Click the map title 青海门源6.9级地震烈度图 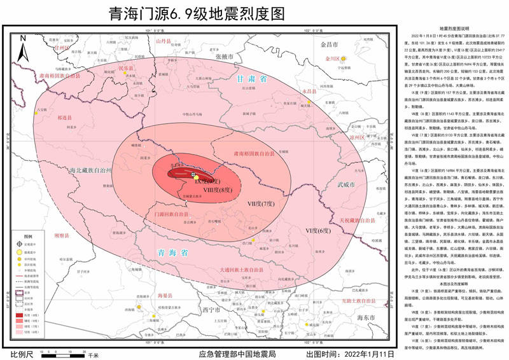197,13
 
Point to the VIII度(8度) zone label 216,190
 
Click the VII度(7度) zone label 260,204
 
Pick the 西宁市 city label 210,310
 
